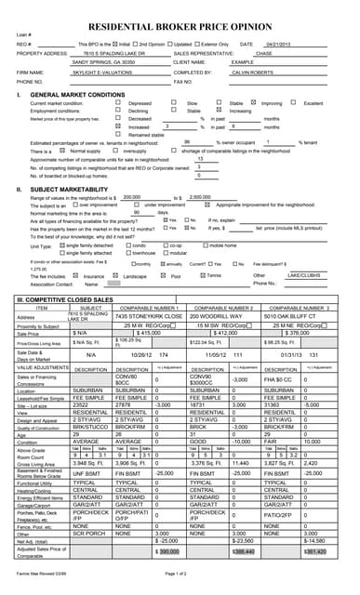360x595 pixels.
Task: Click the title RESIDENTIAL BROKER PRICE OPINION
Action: coord(180,29)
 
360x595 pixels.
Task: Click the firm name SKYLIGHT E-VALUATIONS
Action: coord(101,72)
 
